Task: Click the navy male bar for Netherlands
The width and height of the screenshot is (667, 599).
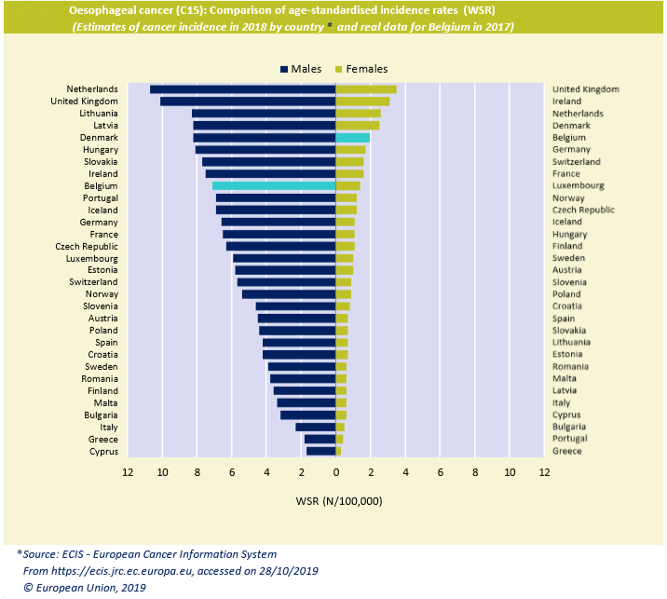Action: pos(242,88)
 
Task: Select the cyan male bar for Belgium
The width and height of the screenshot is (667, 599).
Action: pos(274,185)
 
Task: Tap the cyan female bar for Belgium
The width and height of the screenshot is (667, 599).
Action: pos(353,137)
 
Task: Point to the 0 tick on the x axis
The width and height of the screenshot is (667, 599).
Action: pos(335,471)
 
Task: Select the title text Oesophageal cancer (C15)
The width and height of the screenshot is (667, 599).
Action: pos(147,10)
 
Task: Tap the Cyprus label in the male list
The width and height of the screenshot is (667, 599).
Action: pos(103,451)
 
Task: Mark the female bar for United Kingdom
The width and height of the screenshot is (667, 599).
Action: pos(366,88)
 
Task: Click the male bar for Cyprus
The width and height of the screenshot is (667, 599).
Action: pos(321,451)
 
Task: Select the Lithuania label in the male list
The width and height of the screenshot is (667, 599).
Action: pos(98,113)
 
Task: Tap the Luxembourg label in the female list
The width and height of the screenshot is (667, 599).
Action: pos(578,185)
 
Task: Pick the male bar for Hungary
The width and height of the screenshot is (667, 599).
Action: pos(265,149)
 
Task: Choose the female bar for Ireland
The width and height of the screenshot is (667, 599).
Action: pos(362,101)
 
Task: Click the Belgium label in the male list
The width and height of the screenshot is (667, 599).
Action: pos(101,185)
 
